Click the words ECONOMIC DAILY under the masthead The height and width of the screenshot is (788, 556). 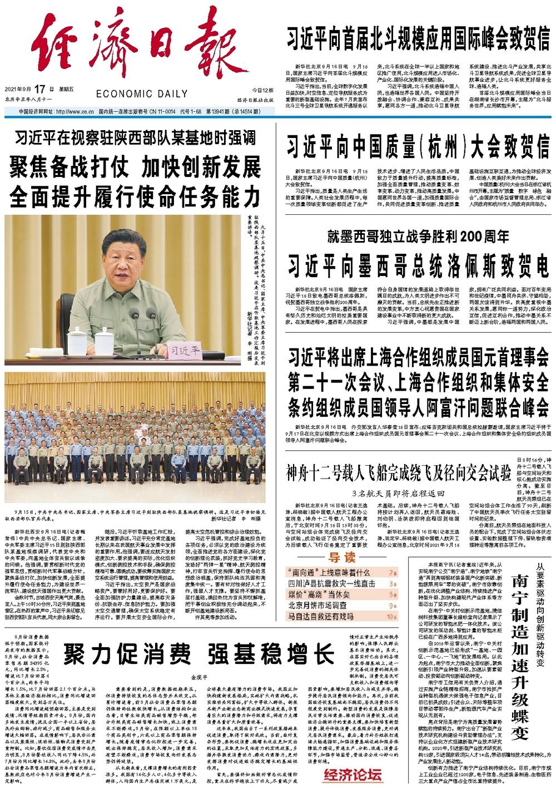pyautogui.click(x=142, y=94)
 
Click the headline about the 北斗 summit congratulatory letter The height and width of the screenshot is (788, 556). pyautogui.click(x=418, y=38)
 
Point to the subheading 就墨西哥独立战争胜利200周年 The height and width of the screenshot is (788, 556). pyautogui.click(x=418, y=236)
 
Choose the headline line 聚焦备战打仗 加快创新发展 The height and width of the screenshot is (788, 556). pyautogui.click(x=135, y=166)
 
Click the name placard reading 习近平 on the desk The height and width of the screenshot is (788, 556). pyautogui.click(x=186, y=351)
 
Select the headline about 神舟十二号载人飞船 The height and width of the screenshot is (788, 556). pyautogui.click(x=398, y=474)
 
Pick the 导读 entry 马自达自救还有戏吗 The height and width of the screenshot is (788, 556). pyautogui.click(x=320, y=616)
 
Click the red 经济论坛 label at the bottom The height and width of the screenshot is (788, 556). pyautogui.click(x=353, y=775)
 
